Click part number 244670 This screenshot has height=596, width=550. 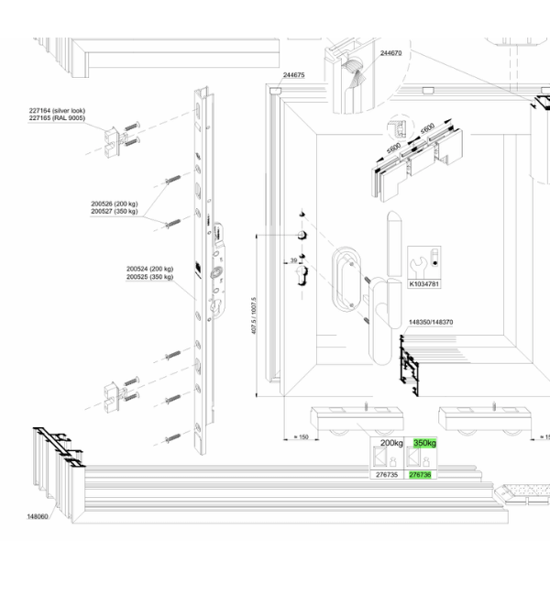click(x=390, y=53)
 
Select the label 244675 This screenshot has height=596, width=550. click(x=294, y=75)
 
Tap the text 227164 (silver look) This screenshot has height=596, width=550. click(x=57, y=111)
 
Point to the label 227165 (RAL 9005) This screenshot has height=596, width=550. click(x=57, y=118)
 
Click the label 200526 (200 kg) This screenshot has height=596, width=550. click(x=115, y=204)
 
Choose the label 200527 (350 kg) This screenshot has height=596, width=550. click(x=115, y=211)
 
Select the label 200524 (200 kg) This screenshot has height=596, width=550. click(x=149, y=269)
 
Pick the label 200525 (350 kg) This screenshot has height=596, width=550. click(x=149, y=277)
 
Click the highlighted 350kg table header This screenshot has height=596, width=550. click(x=424, y=443)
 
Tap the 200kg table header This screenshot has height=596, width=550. click(x=391, y=443)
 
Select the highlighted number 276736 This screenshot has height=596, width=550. click(x=420, y=475)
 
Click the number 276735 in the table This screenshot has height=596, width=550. click(x=387, y=475)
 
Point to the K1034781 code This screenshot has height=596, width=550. click(x=424, y=284)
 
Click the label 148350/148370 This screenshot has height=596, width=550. click(x=431, y=322)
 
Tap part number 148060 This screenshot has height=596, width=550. click(x=38, y=516)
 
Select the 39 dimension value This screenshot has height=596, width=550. click(x=293, y=260)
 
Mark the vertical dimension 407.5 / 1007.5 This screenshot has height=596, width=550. click(x=254, y=315)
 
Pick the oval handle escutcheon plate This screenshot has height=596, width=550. click(x=346, y=280)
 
